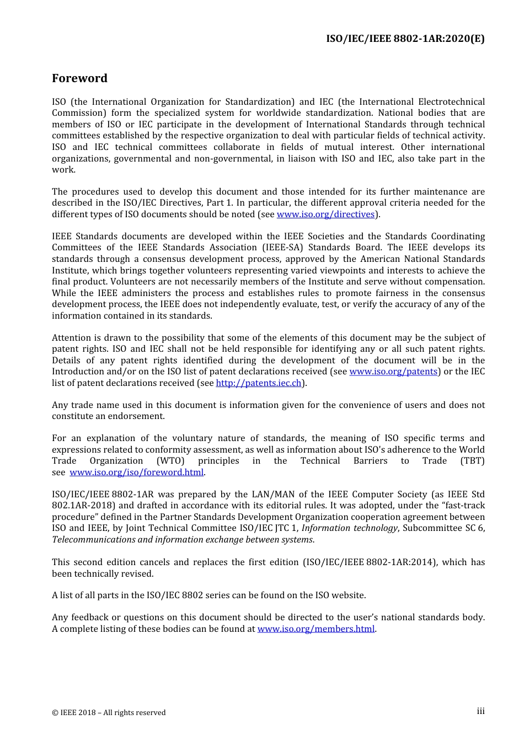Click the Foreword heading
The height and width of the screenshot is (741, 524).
79,78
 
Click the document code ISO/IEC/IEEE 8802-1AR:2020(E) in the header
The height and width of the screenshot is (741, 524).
405,39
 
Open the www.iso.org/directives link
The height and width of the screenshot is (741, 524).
325,214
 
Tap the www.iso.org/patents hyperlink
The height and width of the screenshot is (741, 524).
393,372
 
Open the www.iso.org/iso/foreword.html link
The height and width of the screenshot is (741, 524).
137,472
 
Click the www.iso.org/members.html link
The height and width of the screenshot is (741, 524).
316,629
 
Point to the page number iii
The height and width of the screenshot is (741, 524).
480,711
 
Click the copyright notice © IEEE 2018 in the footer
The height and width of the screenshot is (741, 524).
109,713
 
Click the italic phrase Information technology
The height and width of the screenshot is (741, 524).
349,528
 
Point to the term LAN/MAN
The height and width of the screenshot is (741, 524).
272,495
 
